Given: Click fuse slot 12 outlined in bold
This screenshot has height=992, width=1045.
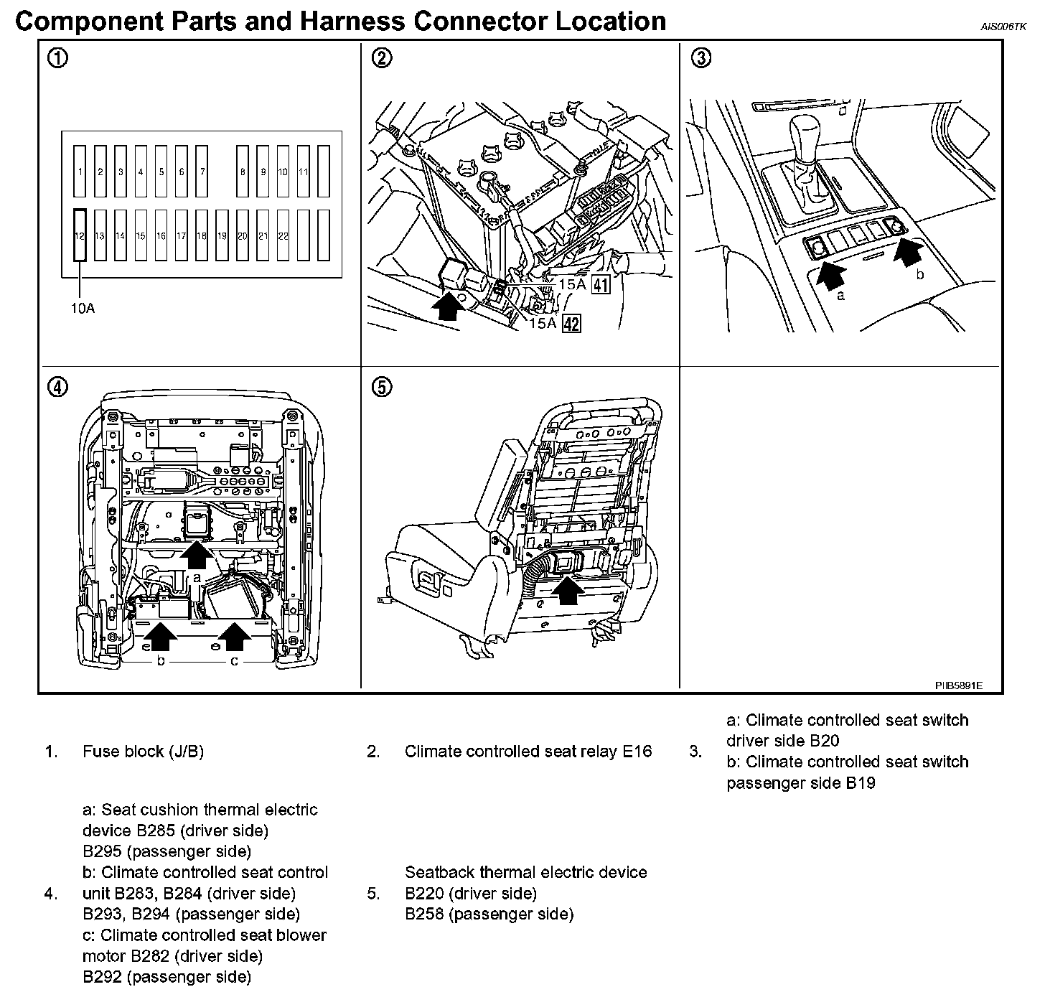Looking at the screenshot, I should point(80,235).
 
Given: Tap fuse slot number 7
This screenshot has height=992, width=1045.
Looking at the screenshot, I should point(202,172).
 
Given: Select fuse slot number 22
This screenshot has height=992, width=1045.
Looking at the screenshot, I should point(283,235).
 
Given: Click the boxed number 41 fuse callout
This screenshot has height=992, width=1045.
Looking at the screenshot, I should point(600,285).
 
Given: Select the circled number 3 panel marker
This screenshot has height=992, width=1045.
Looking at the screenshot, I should point(701,58).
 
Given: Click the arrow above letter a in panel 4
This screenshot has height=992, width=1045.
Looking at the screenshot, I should point(196,553).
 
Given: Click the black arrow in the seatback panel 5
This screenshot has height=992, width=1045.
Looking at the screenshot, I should point(568,589).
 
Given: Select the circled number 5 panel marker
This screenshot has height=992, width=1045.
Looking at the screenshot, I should point(382,388).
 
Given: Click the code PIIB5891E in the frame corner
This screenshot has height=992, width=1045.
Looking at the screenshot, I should point(958,685).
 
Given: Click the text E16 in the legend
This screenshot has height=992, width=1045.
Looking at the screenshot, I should point(637,752).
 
